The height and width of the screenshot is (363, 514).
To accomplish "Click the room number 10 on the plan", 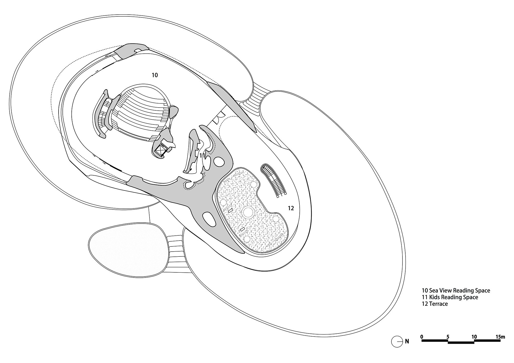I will (155, 75).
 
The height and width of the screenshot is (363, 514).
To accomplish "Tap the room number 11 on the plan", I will (202, 156).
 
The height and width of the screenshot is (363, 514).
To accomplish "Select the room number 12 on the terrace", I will (291, 208).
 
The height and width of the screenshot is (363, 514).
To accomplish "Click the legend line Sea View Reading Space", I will (456, 291).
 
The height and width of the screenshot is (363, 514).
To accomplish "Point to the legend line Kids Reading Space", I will (450, 297).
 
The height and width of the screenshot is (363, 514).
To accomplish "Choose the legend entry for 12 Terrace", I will (435, 304).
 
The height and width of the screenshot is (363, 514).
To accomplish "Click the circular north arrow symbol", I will (397, 342).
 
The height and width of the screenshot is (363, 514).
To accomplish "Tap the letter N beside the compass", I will (407, 341).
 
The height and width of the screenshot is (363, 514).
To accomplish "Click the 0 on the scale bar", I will (422, 337).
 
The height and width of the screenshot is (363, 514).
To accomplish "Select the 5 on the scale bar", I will (448, 337).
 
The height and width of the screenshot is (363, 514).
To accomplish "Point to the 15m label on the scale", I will (500, 337).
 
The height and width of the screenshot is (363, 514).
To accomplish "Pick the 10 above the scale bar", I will (474, 337).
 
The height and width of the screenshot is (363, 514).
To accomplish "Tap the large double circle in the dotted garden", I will (248, 212).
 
